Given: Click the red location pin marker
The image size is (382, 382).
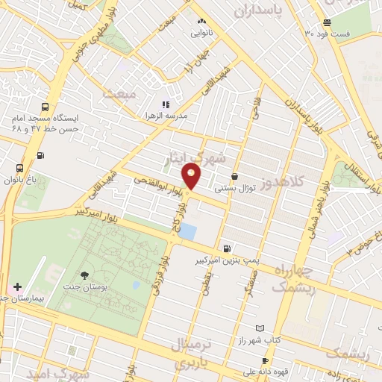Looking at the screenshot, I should coord(192,177).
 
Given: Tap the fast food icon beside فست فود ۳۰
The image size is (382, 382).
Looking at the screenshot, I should coord(327,22).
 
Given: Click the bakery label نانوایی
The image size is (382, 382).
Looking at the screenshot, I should coord(203,33).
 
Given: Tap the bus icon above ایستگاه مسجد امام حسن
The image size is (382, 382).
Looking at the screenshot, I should coord(46,107).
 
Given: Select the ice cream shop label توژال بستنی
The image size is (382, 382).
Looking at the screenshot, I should coord(236,188).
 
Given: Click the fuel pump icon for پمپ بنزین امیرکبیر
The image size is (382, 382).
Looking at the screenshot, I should coord(226,248).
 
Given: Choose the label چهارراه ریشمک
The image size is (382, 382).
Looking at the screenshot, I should coord(295,277).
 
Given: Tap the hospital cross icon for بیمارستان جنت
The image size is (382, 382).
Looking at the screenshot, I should coord(16,286).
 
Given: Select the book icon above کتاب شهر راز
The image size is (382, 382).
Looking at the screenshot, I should coord(260,328).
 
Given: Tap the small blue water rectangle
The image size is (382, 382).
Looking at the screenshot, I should coord(187,231).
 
